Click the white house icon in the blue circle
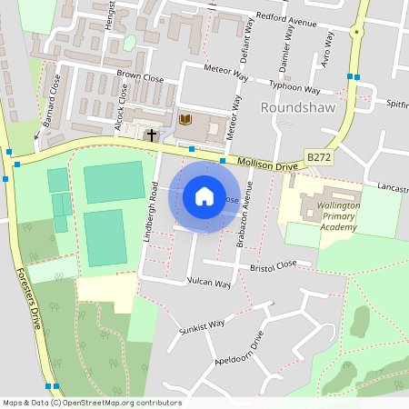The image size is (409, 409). click(x=204, y=195)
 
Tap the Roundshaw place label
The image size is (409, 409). click(x=298, y=107)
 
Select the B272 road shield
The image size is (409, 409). click(x=318, y=157)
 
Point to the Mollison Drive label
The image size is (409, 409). click(x=268, y=165)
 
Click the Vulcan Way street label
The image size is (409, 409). click(x=210, y=283)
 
